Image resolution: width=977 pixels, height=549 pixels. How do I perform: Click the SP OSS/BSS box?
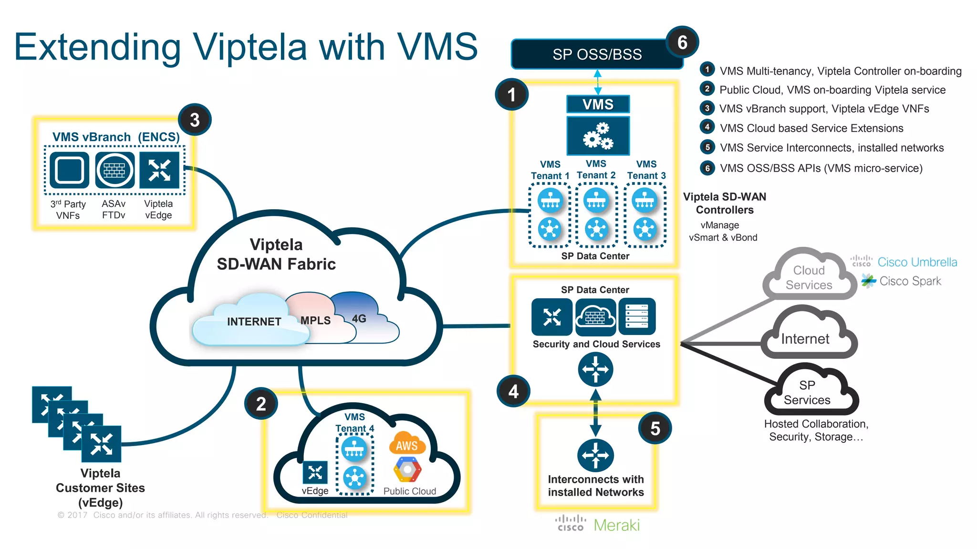point(596,54)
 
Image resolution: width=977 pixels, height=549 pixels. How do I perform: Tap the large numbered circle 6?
point(682,42)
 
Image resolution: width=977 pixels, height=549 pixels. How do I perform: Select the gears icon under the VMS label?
point(598,136)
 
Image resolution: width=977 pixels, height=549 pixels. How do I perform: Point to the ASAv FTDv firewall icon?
point(114,170)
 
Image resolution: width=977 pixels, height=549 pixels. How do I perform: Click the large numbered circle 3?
point(194,120)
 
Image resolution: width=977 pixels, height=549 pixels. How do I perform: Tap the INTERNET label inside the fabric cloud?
point(254,322)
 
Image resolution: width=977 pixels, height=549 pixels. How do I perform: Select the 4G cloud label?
point(359,318)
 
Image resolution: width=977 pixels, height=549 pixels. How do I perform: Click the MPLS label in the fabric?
point(315,320)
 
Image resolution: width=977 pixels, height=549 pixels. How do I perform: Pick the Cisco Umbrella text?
point(917,262)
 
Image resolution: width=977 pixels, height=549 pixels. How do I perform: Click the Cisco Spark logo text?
point(910,281)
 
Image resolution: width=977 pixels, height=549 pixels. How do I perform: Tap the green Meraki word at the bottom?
point(616,525)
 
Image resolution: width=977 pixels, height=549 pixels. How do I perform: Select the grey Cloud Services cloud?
point(809,277)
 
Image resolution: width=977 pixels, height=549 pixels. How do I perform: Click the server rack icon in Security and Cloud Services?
point(637,316)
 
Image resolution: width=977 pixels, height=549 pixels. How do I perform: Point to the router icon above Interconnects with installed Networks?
point(595,455)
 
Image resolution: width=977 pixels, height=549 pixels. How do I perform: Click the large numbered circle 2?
point(260,404)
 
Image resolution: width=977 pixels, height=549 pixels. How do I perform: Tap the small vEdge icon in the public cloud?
point(315,472)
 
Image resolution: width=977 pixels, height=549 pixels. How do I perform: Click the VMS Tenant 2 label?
point(596,170)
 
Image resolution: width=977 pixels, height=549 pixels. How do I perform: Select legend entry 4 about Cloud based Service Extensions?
point(811,128)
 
